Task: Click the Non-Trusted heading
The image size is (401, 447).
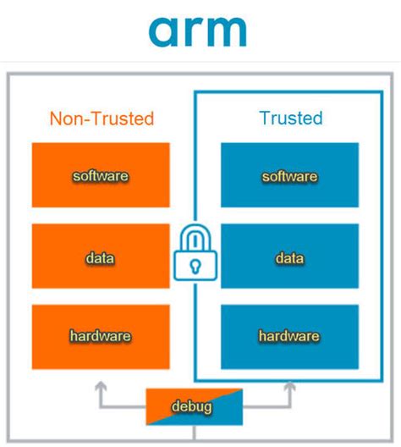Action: pyautogui.click(x=101, y=118)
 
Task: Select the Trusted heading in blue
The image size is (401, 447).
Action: pyautogui.click(x=290, y=118)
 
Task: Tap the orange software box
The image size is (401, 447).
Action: pyautogui.click(x=101, y=175)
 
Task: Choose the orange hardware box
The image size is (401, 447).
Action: pyautogui.click(x=101, y=336)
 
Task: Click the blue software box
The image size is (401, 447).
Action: pyautogui.click(x=289, y=175)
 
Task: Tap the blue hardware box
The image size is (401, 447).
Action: pyautogui.click(x=289, y=336)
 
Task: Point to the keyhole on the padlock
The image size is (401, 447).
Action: pyautogui.click(x=195, y=265)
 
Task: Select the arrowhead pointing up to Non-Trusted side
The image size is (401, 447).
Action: pyautogui.click(x=101, y=388)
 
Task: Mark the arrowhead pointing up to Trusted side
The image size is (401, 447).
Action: pyautogui.click(x=289, y=388)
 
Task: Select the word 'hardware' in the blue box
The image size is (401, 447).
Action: pyautogui.click(x=289, y=336)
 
